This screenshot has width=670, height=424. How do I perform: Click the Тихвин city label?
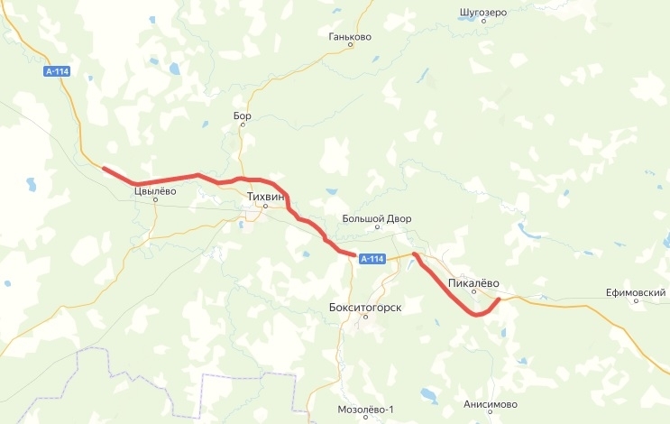pos(265,195)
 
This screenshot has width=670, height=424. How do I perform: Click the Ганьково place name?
pos(351,37)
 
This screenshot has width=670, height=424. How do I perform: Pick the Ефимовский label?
pos(636,292)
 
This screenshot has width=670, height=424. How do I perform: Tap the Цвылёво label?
pos(155,190)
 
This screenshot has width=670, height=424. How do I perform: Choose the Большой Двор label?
pos(377,218)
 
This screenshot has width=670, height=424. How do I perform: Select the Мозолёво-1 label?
pos(366,410)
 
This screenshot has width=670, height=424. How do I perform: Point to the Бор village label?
pos(242,116)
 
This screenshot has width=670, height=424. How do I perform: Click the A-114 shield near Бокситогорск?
pos(372,260)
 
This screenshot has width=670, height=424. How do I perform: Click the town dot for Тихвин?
pos(265,206)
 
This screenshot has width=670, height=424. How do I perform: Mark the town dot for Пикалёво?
pos(473,291)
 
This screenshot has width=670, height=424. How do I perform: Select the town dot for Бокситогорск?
pos(366,317)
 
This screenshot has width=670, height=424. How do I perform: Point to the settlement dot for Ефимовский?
pos(636,301)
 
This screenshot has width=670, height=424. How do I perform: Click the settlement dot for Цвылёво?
pos(155,199)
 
